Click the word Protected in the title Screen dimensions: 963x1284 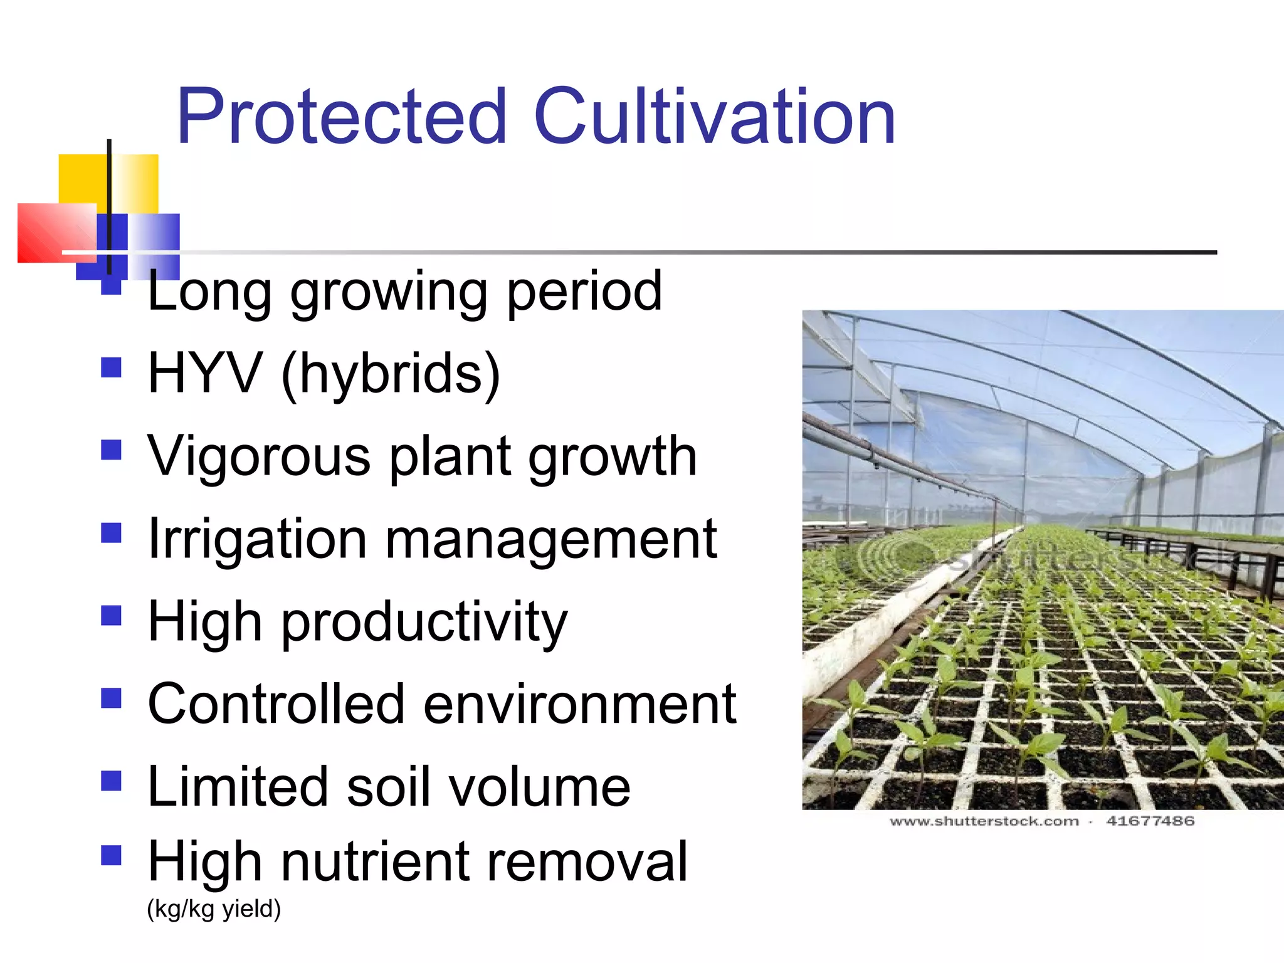[342, 117]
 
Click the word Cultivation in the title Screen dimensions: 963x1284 [714, 117]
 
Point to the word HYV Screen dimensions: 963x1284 [204, 374]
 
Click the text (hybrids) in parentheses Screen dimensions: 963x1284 [391, 375]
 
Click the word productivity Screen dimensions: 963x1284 [424, 623]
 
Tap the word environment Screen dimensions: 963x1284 [579, 705]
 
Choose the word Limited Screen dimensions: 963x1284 [237, 787]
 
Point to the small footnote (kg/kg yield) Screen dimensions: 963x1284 [214, 909]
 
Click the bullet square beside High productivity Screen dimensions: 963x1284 [111, 615]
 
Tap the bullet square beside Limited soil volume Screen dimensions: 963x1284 [111, 781]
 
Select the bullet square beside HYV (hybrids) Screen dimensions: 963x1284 [111, 367]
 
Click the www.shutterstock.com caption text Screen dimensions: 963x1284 [984, 821]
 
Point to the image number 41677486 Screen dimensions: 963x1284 [1150, 821]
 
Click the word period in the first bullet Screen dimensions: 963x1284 [584, 292]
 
